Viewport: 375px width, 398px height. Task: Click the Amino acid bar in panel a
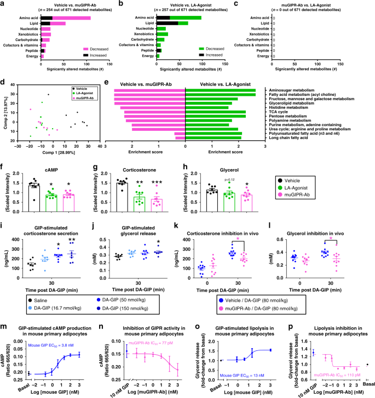click(66, 18)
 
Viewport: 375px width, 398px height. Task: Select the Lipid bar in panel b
click(172, 23)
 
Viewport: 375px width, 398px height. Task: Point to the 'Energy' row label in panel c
click(266, 56)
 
